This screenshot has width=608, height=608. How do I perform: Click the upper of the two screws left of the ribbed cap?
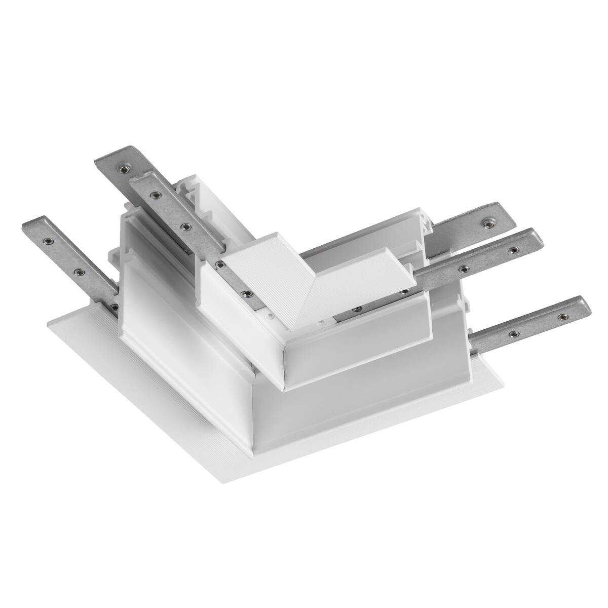coord(220,263)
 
